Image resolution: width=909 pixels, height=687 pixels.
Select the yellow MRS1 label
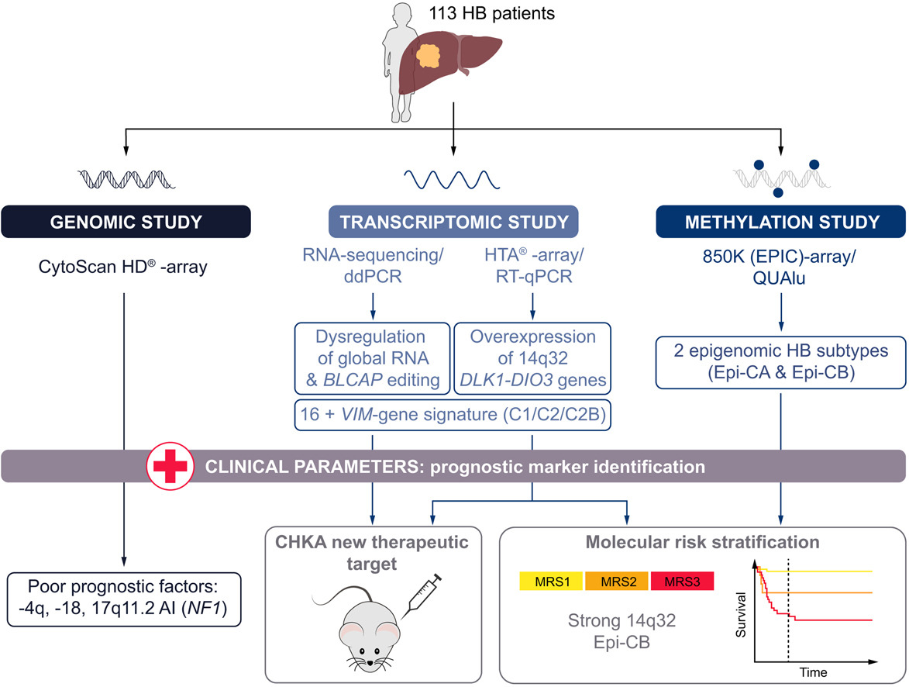pos(546,581)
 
